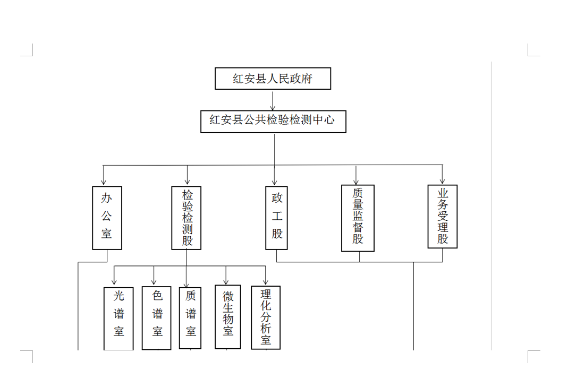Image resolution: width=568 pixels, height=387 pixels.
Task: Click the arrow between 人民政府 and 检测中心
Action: [273, 100]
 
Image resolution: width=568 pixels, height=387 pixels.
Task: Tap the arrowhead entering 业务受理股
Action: [442, 181]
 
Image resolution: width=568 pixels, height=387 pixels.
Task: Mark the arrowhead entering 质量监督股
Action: [356, 182]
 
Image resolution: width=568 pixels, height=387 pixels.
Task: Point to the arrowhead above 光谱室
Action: [114, 282]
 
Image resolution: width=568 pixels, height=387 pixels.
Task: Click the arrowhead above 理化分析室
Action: [266, 282]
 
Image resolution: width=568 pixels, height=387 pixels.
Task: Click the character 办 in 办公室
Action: [106, 197]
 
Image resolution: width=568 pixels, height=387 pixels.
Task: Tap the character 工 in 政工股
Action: [277, 216]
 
